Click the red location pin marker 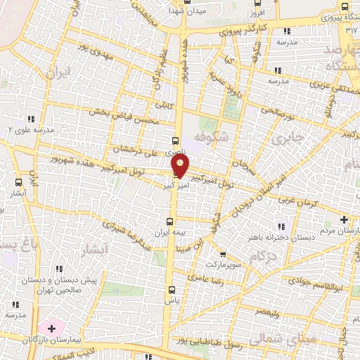pos(181,166)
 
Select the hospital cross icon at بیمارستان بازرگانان pos(51,328)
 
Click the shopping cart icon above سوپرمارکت pos(222,255)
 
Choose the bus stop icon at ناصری pos(175,140)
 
